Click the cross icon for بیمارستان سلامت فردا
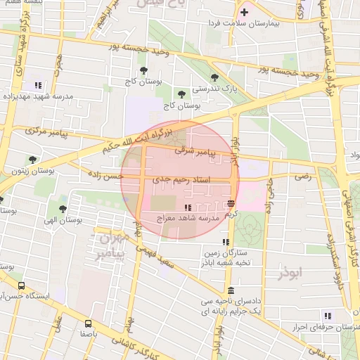pos(245,12)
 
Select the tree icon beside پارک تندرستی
pos(214,78)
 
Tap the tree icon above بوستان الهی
pos(63,209)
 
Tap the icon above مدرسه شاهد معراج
pos(188,207)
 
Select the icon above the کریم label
pos(231,202)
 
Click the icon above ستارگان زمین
pos(226,242)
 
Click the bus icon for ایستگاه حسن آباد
pos(22,286)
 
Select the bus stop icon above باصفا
pos(87,324)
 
